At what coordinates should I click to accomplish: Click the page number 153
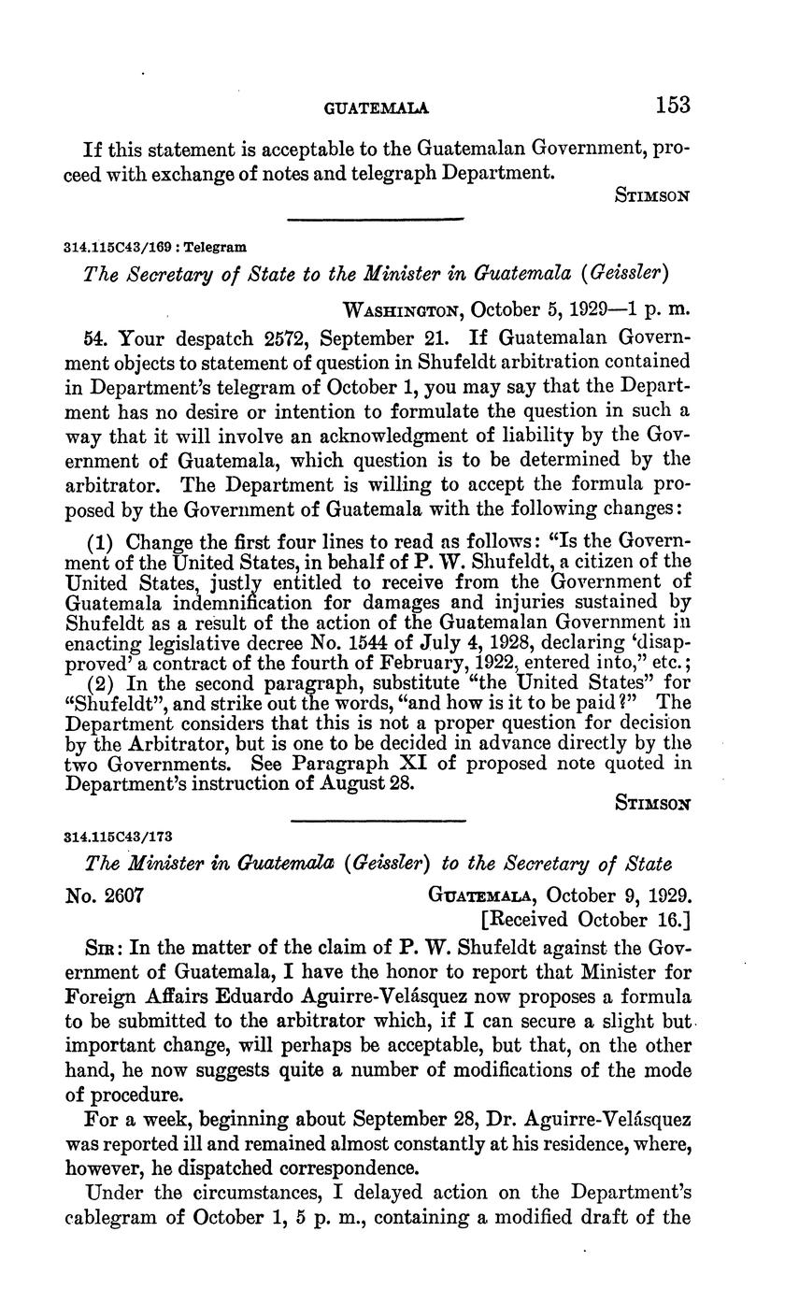click(x=672, y=105)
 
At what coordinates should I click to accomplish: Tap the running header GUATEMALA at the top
click(x=376, y=108)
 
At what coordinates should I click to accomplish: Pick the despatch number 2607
click(x=122, y=895)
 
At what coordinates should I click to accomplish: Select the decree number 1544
click(x=402, y=644)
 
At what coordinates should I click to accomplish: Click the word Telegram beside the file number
click(x=216, y=248)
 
